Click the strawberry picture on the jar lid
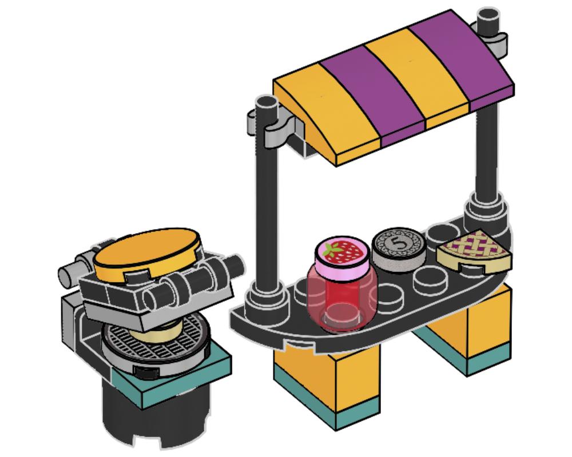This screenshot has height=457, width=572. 342,251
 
